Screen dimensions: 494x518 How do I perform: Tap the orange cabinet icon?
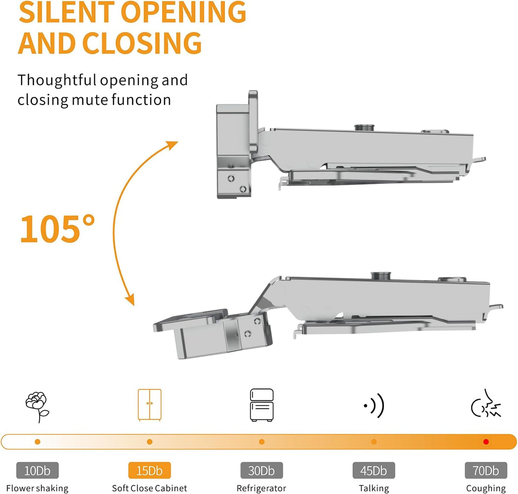point(149,405)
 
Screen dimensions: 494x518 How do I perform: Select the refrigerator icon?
point(262,405)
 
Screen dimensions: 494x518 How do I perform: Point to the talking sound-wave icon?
point(374,405)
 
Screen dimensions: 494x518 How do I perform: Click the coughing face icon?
point(486,404)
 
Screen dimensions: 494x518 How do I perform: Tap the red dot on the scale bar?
point(486,442)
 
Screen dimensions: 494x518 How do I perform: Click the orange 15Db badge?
point(149,471)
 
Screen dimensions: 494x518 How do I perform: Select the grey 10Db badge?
point(37,471)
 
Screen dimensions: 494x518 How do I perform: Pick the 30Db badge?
point(262,471)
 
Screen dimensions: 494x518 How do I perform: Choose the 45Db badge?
point(374,471)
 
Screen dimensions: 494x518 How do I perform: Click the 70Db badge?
point(486,471)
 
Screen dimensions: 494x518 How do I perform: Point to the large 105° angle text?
point(57,229)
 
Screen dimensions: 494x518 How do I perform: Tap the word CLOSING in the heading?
point(142,44)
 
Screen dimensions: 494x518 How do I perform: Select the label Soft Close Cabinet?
point(149,488)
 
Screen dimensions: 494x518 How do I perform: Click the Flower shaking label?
point(37,488)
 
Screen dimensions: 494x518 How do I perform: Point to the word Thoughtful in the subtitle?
point(57,80)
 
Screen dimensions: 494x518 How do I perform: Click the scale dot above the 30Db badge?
point(262,442)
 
